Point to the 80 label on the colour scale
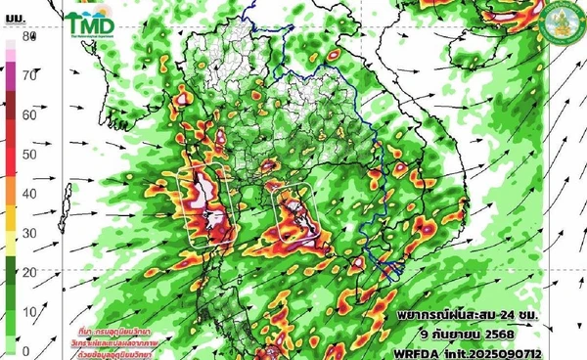click(x=29, y=37)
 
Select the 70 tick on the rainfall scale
click(x=29, y=74)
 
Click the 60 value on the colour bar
click(x=29, y=114)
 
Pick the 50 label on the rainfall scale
click(x=29, y=154)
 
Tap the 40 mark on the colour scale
click(x=29, y=194)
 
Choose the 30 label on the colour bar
click(x=29, y=233)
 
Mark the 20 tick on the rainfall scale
click(x=29, y=272)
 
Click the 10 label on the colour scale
click(x=29, y=311)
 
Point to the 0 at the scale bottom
click(x=26, y=350)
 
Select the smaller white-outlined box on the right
click(x=293, y=211)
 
